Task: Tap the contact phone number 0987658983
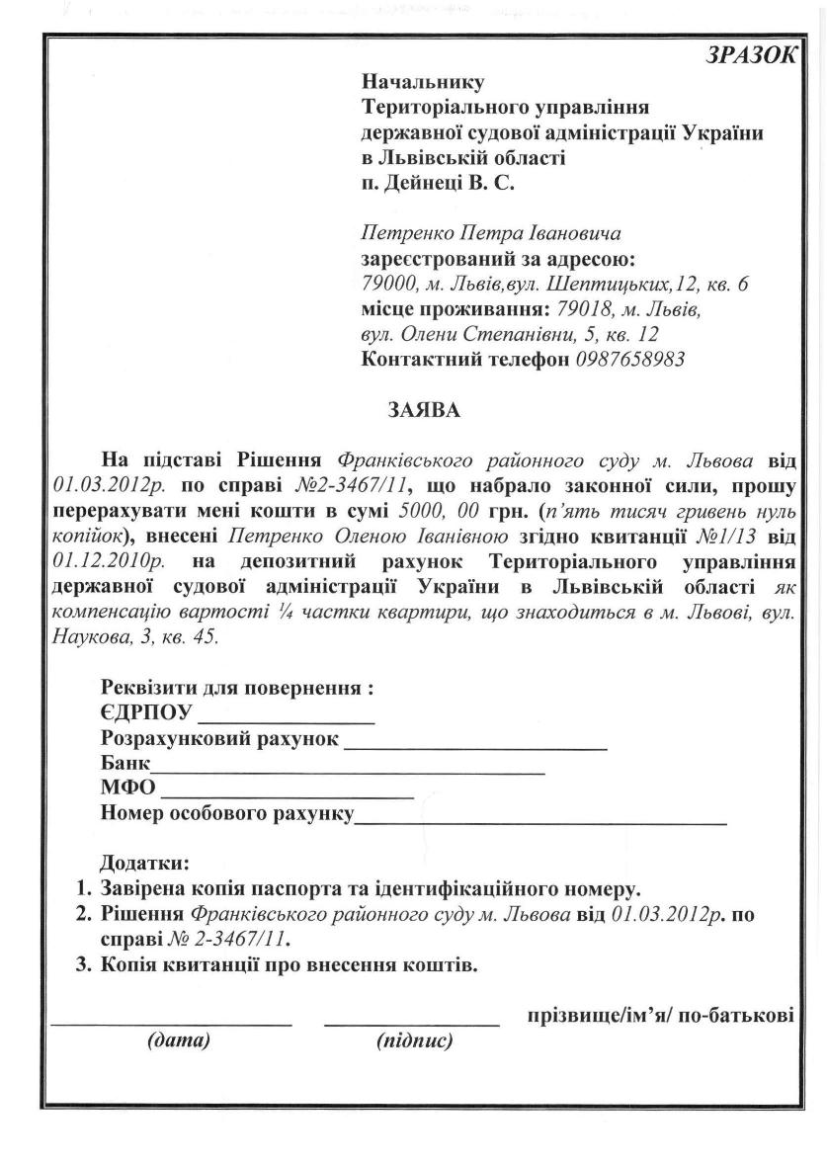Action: (630, 359)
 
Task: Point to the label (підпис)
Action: (414, 1040)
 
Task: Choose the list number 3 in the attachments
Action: (84, 964)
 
